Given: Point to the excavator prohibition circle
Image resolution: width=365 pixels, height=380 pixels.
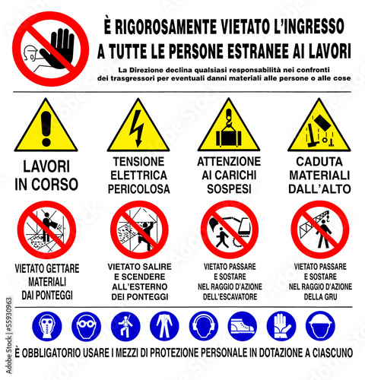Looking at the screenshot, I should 229,228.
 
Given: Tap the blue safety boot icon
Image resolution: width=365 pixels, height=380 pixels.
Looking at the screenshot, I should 243,325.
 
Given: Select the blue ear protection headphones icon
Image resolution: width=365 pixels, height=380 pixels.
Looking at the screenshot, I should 203,325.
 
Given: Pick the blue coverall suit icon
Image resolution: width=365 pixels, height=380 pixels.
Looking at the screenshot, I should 163,325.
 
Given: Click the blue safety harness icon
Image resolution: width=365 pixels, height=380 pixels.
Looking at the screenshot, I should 124,325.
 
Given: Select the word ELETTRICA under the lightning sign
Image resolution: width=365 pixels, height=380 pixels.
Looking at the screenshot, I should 138,174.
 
